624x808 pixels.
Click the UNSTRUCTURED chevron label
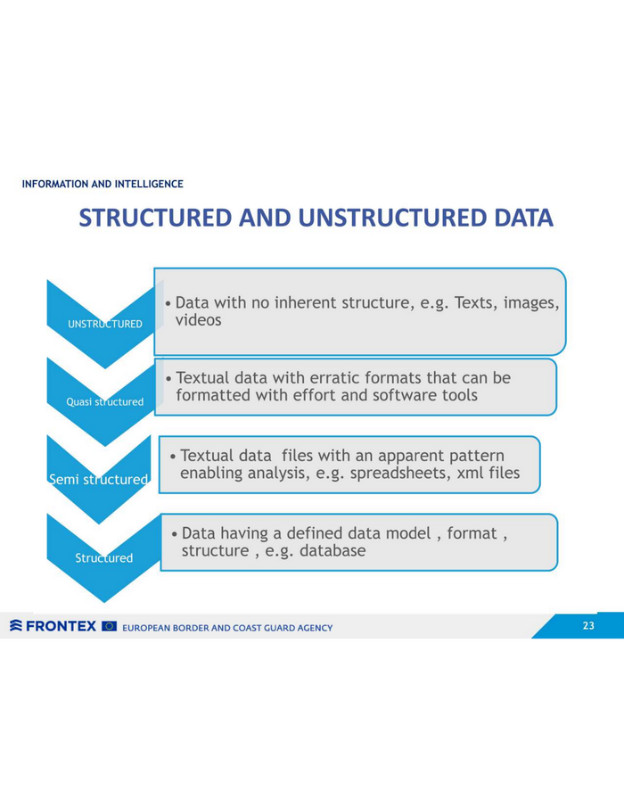click(105, 324)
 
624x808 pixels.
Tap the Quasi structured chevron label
click(104, 402)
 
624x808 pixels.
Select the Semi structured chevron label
click(98, 480)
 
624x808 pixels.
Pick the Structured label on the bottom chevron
click(104, 557)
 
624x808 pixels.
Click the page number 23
click(588, 625)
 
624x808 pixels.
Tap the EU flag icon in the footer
click(110, 626)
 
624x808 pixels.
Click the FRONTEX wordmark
click(61, 626)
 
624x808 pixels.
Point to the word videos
click(199, 320)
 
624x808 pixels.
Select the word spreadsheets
click(394, 473)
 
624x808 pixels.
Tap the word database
click(333, 550)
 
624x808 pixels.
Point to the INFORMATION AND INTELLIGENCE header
click(103, 184)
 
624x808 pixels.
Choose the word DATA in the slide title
click(523, 218)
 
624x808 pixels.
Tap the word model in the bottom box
click(408, 532)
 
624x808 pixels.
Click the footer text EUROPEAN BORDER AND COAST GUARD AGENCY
click(227, 628)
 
